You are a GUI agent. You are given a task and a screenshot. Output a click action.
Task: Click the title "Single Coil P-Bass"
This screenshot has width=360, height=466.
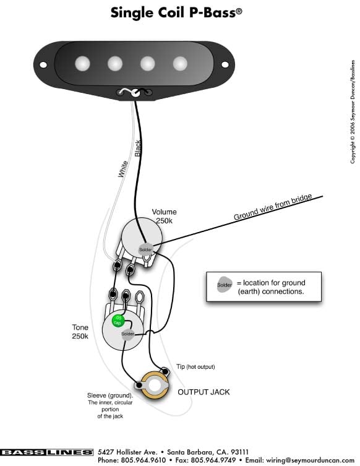pos(176,13)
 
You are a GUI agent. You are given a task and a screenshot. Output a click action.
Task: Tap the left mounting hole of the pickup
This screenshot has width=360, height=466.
pos(43,65)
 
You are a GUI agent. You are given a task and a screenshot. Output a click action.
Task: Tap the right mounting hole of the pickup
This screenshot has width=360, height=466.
pos(225,64)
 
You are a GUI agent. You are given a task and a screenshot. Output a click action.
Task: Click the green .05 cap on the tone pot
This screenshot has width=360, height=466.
pos(118,321)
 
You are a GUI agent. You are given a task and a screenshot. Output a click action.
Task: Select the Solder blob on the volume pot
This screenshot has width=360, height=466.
pos(145,249)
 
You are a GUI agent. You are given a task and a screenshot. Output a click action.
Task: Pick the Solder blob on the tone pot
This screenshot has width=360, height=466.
pos(127,334)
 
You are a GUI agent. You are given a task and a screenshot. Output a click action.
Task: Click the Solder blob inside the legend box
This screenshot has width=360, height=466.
pos(225,285)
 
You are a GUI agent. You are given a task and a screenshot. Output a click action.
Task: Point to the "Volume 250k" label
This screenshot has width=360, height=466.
pos(165,217)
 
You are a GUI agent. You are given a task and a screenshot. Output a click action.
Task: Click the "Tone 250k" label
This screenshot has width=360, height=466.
pos(80,332)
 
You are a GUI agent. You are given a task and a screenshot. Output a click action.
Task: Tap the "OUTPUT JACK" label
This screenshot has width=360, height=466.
pos(204,392)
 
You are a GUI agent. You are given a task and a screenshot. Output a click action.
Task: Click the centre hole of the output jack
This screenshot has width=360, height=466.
pos(154,386)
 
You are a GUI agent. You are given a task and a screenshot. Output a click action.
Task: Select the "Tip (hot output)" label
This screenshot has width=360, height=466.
pos(195,367)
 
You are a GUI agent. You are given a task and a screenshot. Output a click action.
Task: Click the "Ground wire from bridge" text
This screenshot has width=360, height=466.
pos(273,207)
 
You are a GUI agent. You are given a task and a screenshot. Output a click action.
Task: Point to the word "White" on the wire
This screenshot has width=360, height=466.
pos(123,169)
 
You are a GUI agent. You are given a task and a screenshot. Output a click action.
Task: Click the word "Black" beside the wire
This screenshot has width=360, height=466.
pos(138,149)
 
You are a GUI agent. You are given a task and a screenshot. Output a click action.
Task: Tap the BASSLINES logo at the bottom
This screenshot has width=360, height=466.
pos(46,452)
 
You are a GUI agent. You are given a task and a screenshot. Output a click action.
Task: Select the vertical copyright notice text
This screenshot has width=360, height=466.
pos(353,112)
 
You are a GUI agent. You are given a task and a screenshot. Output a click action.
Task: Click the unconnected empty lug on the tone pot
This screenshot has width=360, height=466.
pos(140,297)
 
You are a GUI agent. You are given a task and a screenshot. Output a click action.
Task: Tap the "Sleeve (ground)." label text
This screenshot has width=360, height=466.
pos(110,395)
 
